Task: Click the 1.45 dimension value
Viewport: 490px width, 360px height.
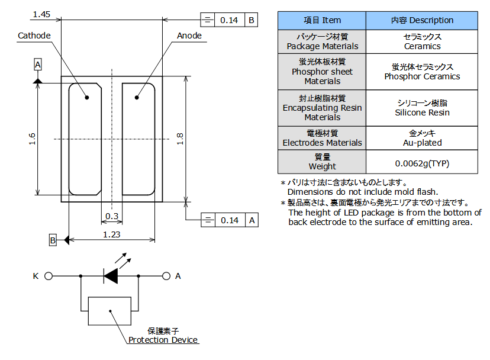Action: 41,14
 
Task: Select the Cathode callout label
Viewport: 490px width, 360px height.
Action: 34,36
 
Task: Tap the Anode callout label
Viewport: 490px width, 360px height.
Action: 189,36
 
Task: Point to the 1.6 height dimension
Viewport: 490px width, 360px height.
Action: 33,139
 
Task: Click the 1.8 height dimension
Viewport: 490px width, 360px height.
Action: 180,139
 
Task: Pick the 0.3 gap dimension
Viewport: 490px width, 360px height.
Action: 111,216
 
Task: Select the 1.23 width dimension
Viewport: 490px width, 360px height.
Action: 112,234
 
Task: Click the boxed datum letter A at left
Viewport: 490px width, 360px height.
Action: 38,64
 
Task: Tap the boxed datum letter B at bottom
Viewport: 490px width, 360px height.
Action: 53,240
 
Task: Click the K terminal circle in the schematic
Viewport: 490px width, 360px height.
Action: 49,276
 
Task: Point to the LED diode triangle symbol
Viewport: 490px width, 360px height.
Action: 111,275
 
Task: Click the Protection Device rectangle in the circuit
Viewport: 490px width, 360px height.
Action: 109,311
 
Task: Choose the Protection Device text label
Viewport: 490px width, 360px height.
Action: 163,340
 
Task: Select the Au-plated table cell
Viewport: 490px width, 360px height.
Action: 422,143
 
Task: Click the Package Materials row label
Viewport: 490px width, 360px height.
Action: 322,46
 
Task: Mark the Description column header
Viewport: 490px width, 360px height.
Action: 422,20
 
